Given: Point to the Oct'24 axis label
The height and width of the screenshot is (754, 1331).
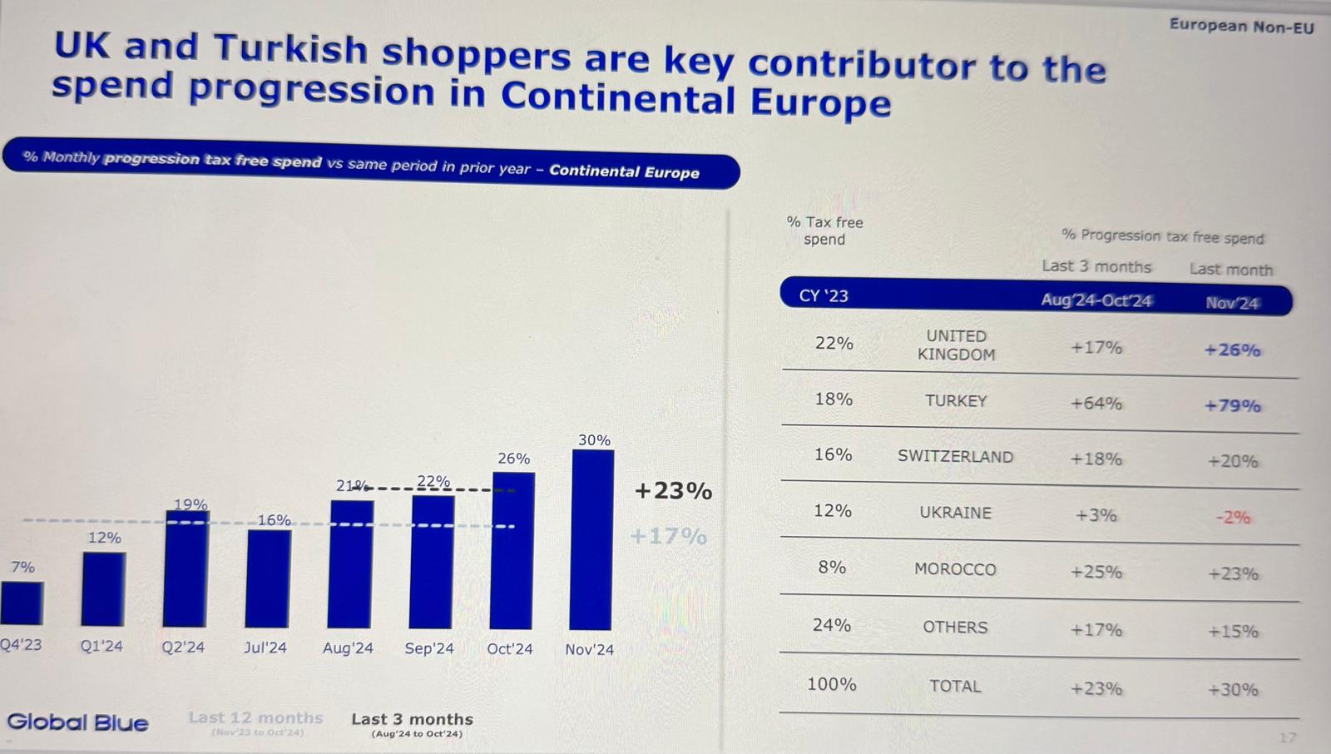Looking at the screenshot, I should click(510, 649).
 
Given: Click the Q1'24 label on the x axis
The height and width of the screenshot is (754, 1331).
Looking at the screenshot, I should click(101, 647).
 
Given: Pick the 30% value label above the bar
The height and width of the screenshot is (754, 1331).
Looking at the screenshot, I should click(594, 440).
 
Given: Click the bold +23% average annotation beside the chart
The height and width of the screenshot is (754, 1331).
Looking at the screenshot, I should click(673, 491).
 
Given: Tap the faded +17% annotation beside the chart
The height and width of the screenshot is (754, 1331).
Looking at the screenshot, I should click(668, 536).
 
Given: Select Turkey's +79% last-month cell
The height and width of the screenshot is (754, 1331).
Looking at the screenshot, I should click(1232, 406).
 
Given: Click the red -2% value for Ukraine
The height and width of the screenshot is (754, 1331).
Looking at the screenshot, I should click(1233, 517).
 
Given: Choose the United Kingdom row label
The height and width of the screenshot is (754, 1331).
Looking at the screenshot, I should click(956, 345).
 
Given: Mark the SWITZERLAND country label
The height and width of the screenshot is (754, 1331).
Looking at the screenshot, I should click(955, 457).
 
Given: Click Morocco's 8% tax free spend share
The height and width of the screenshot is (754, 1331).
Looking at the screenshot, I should click(832, 568).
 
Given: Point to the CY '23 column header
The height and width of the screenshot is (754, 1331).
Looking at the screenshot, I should click(824, 296).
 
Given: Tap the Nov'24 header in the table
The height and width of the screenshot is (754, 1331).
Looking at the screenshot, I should click(1232, 303).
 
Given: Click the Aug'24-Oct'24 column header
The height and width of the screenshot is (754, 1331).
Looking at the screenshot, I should click(1096, 300).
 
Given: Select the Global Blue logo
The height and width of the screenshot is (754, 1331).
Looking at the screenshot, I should click(77, 722).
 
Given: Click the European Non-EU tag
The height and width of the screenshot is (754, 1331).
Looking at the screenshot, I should click(1241, 26).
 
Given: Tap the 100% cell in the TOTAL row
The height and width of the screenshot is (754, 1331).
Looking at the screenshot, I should click(831, 685).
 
